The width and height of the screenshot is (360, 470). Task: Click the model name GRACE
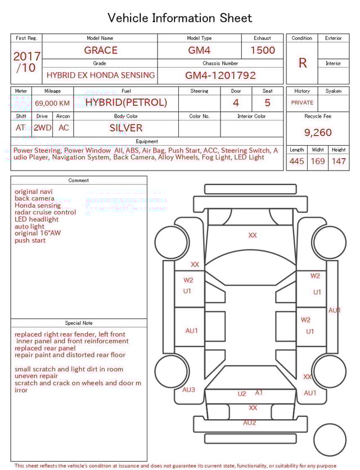pos(101,50)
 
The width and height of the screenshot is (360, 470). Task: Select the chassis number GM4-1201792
pos(220,75)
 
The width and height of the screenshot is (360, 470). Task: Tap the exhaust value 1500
pos(262,50)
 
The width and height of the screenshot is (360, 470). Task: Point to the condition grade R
pos(302,63)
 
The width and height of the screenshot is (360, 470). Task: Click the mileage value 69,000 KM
pos(52,103)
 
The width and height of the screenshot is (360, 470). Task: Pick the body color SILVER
pos(126,128)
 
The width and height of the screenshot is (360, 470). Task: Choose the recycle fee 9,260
pos(318,133)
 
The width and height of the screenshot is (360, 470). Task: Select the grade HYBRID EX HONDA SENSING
pos(101,75)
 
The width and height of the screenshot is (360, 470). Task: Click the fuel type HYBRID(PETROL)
pos(126,102)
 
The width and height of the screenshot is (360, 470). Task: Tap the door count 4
pos(236,102)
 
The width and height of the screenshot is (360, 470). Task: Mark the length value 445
pos(296,162)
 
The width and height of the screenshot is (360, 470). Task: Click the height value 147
pos(338,162)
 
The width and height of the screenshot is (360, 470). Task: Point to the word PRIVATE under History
pos(302,103)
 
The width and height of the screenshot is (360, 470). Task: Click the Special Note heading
pos(79,323)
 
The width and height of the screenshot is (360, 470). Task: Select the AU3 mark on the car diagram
pos(188,390)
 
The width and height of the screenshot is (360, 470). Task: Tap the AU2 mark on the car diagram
pos(250,423)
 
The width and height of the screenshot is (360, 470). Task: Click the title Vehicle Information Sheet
pos(180,18)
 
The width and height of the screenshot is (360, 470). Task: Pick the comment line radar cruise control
pos(45,212)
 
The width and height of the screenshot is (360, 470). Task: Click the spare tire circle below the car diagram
pos(330,440)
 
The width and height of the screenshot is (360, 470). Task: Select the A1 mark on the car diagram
pos(259,392)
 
